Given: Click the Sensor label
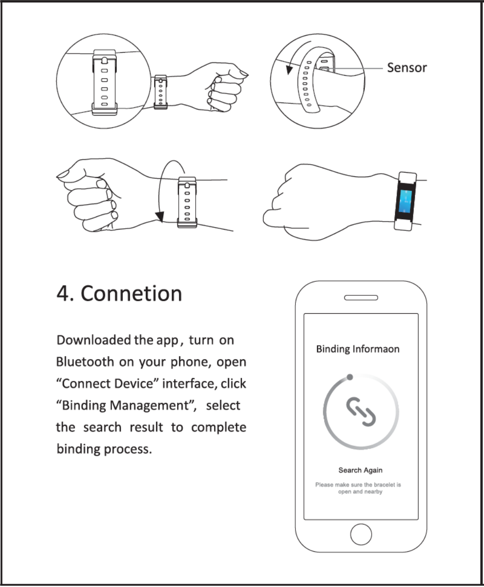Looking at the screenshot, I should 406,68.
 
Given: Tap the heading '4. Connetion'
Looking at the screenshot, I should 119,293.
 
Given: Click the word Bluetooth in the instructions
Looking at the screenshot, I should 85,362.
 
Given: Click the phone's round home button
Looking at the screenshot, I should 361,534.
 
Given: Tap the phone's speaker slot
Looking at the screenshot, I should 361,297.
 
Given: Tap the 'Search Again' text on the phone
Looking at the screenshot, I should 360,470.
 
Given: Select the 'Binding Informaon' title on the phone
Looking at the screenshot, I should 357,349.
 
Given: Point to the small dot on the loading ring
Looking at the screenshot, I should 349,377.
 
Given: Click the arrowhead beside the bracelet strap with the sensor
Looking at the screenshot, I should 289,70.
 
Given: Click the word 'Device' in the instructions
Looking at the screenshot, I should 134,383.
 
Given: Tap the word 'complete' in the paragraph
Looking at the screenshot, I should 218,427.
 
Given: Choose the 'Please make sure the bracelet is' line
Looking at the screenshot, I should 358,484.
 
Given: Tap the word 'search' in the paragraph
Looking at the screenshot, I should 102,427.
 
